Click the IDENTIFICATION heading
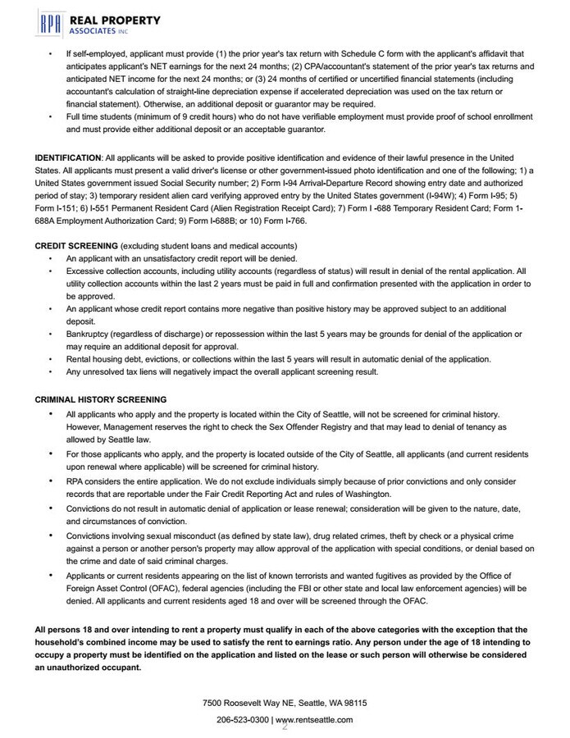pyautogui.click(x=68, y=157)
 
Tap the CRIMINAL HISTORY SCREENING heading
pyautogui.click(x=100, y=399)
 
